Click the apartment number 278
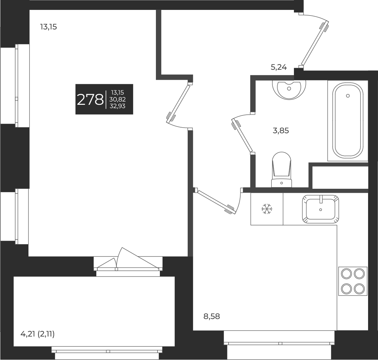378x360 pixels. coord(90,99)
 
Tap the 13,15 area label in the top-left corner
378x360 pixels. coord(48,27)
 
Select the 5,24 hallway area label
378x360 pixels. coord(279,68)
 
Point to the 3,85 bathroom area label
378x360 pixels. coord(281,131)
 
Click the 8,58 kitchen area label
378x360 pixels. coord(212,316)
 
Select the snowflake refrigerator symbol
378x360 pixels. coord(267,209)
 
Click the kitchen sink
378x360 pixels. coord(320,209)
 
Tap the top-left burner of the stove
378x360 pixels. coord(346,274)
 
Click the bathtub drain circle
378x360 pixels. coord(348,96)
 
